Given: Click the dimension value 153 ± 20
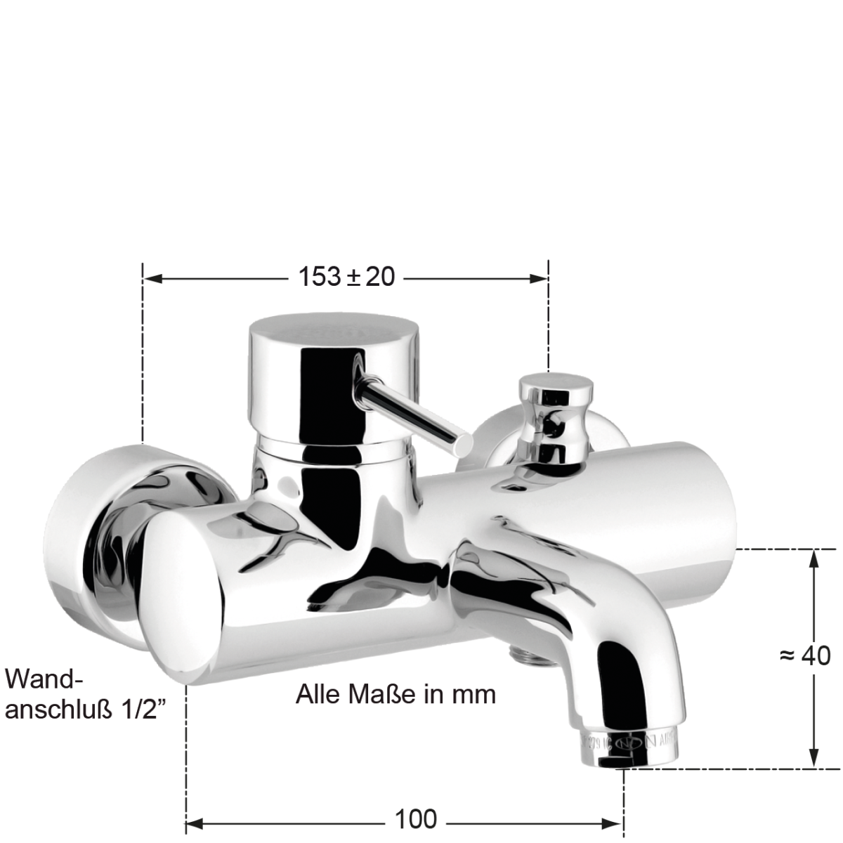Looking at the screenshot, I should click(346, 277).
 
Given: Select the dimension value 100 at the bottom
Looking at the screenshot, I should click(415, 819).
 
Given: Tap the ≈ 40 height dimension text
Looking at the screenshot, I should click(805, 655).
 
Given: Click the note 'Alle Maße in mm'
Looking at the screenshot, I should click(396, 694).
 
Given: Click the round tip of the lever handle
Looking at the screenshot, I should click(463, 444).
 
